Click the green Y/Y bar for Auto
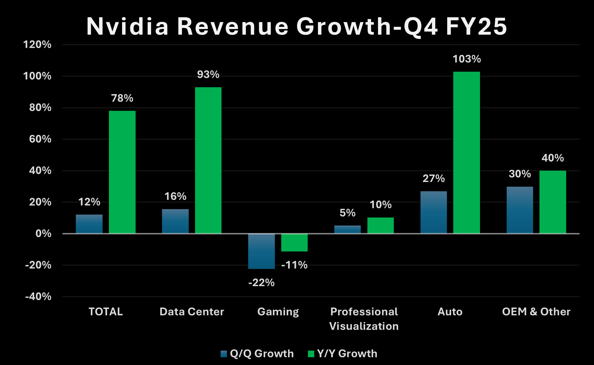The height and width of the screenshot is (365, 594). coord(466,152)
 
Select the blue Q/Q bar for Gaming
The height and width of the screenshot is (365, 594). coord(261,251)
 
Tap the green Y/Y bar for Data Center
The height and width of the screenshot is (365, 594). coord(208,160)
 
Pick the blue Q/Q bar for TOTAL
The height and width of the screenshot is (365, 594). coord(89,224)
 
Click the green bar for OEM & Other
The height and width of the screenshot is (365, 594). coord(553,202)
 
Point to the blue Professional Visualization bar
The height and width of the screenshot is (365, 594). coord(348,229)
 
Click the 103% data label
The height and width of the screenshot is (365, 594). coord(467,59)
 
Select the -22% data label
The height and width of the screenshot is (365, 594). coord(261,283)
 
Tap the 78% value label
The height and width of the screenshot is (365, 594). coord(122,98)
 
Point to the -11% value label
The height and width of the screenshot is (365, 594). coord(294,265)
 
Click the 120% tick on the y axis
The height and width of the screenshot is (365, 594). coord(37,45)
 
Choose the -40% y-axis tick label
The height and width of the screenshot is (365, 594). coord(38,297)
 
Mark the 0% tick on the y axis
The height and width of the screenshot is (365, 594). coord(43,234)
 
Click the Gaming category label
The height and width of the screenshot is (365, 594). coord(278,312)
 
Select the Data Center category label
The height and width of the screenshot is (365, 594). coord(192,312)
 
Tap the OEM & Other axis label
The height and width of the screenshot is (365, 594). coord(536,312)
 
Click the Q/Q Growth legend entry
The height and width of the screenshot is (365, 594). coord(257,353)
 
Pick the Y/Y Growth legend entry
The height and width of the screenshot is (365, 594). coord(343,353)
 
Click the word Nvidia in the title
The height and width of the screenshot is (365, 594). coord(128,26)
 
